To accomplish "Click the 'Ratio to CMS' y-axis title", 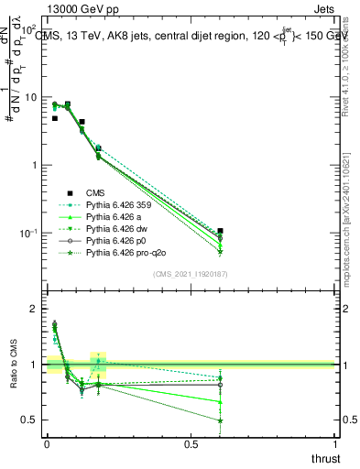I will tap(15, 365).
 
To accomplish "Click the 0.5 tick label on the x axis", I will tap(191, 444).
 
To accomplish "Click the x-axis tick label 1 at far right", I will tap(334, 444).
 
